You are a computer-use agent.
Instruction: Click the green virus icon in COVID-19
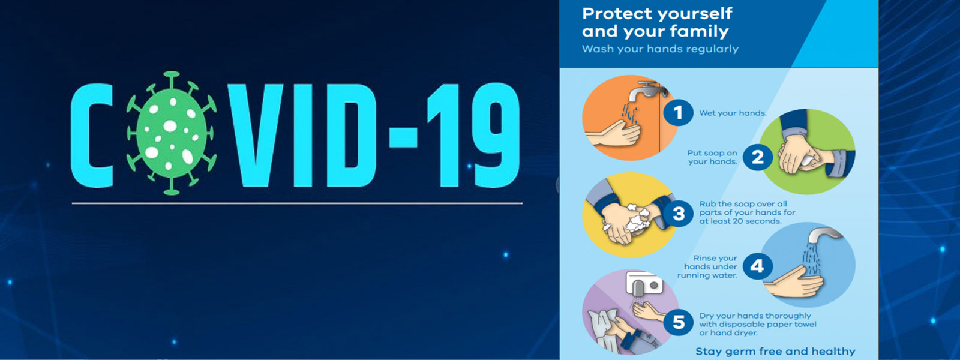click(x=172, y=133)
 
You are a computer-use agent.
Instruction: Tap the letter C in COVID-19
click(x=91, y=136)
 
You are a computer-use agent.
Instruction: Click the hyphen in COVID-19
click(x=403, y=137)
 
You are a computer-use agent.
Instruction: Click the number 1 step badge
click(x=678, y=113)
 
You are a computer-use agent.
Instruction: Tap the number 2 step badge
click(x=757, y=157)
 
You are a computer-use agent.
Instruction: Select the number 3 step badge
click(x=679, y=213)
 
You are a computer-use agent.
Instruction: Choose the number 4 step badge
click(x=757, y=266)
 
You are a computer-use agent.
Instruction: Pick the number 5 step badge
click(x=679, y=322)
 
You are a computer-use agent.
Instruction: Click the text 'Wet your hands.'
click(x=733, y=113)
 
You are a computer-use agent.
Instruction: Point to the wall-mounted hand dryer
click(x=644, y=283)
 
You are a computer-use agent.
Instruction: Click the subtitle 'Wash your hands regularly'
click(x=660, y=49)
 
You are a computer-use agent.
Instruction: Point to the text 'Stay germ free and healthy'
click(x=775, y=352)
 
